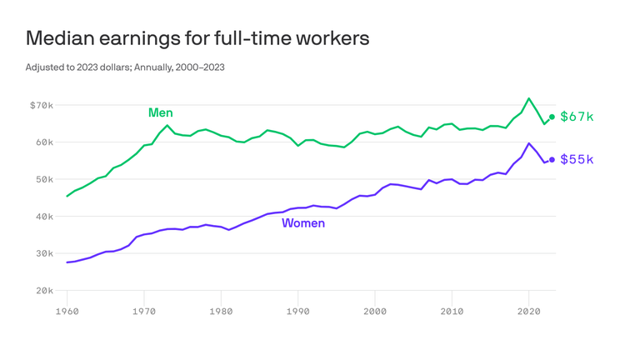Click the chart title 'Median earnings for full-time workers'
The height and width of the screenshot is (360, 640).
197,38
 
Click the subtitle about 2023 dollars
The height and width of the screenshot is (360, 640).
125,67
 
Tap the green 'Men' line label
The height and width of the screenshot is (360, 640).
161,112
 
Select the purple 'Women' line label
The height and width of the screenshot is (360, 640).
303,223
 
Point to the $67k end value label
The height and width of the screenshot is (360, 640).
577,117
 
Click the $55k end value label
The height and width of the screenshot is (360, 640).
577,159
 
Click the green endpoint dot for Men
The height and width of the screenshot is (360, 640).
552,117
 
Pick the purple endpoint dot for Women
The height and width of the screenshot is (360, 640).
552,160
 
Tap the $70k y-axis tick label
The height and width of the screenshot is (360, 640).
41,105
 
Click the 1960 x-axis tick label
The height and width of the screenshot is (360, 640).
67,312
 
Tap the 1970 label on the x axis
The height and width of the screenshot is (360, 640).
144,312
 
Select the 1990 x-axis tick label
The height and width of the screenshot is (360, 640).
298,312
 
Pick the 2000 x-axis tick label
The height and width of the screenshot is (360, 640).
375,312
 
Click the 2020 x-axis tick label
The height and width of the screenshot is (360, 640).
529,312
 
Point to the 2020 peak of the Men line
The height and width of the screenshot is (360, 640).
528,98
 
